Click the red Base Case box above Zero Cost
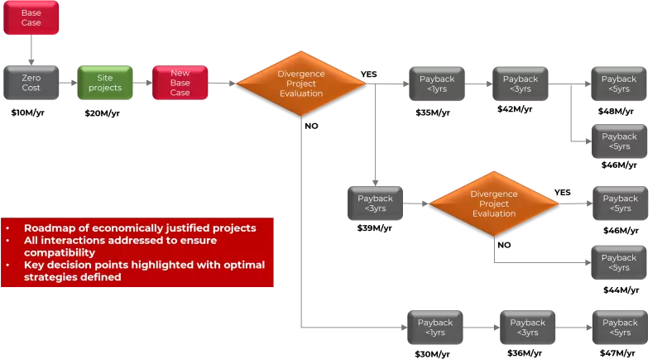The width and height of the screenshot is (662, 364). tap(31, 18)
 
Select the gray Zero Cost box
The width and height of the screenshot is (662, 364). tap(31, 83)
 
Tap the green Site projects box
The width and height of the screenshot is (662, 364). tap(105, 83)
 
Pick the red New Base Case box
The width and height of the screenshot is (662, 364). tap(180, 83)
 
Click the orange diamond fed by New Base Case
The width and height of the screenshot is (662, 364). tap(300, 84)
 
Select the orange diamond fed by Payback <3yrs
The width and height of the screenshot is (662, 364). tap(493, 204)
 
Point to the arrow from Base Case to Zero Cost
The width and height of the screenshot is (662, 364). tap(31, 50)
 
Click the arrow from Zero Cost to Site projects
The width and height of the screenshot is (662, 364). tap(68, 83)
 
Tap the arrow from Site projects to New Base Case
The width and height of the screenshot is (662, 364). tap(142, 83)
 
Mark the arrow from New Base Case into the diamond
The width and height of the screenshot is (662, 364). tap(222, 83)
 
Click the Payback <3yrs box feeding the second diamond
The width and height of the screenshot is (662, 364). tap(375, 204)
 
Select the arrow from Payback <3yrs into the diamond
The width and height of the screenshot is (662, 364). tap(415, 204)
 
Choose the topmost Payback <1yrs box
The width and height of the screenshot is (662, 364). tap(437, 84)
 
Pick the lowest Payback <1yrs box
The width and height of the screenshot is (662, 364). tap(435, 328)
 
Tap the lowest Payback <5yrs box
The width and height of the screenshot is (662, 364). tap(620, 328)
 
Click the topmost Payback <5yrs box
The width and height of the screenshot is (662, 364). tap(619, 84)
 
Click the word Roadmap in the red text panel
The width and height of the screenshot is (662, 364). tap(49, 228)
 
